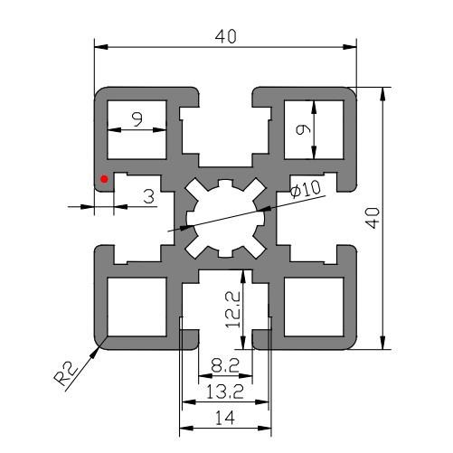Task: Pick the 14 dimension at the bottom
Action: (x=225, y=416)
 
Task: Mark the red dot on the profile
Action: (x=105, y=178)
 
